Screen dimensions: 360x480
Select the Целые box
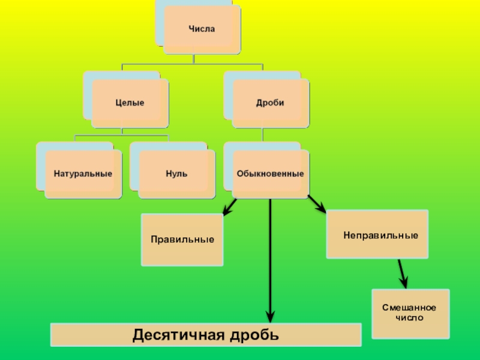[x=130, y=103]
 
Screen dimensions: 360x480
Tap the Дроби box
[x=271, y=103]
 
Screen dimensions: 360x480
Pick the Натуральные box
[x=83, y=174]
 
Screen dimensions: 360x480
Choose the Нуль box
[x=176, y=174]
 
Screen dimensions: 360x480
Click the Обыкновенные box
[x=271, y=174]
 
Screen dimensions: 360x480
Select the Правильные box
[x=182, y=239]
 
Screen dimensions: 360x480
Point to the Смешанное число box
[x=410, y=313]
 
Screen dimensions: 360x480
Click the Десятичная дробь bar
[x=206, y=334]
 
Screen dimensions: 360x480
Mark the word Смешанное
[x=410, y=308]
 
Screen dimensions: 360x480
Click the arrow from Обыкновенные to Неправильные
[x=316, y=204]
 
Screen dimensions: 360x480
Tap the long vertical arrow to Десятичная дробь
[x=271, y=258]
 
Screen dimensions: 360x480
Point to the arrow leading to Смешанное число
[x=403, y=273]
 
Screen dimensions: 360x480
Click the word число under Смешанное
[x=410, y=317]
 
